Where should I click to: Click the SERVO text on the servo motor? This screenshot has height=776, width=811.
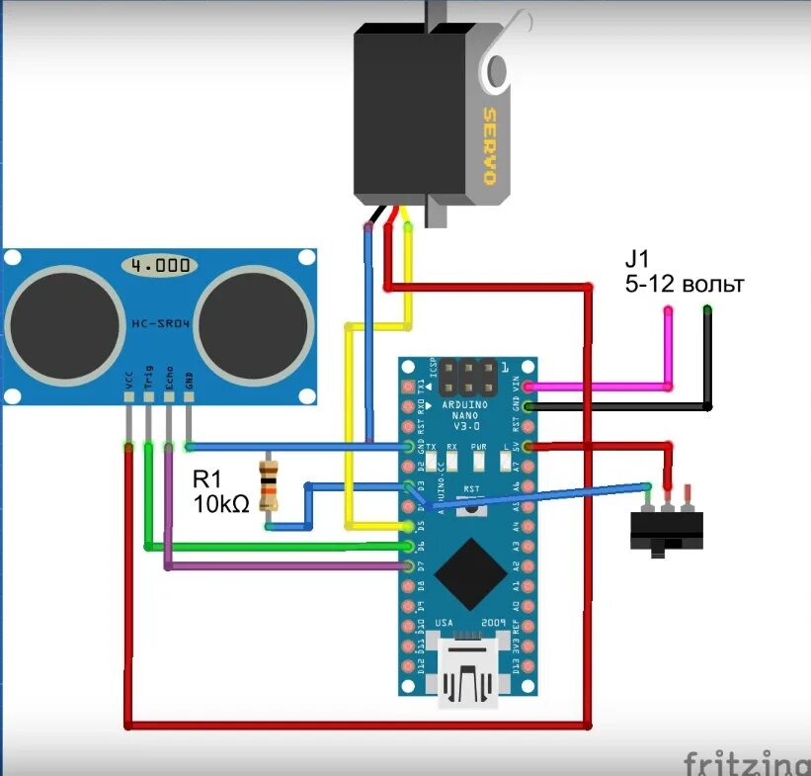pyautogui.click(x=487, y=146)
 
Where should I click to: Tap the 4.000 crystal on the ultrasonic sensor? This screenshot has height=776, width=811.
pyautogui.click(x=159, y=266)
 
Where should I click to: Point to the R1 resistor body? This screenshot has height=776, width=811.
pyautogui.click(x=267, y=484)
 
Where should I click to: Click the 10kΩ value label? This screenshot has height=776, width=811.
pyautogui.click(x=219, y=504)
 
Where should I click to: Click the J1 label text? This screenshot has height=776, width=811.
pyautogui.click(x=635, y=260)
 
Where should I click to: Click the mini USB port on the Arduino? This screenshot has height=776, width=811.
pyautogui.click(x=471, y=674)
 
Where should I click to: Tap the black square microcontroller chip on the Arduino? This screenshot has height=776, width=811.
pyautogui.click(x=471, y=572)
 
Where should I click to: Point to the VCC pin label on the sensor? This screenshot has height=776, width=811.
pyautogui.click(x=128, y=381)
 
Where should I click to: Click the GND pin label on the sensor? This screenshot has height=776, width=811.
pyautogui.click(x=189, y=381)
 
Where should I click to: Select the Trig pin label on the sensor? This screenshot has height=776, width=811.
pyautogui.click(x=148, y=379)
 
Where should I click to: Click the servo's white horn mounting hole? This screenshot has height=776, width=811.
pyautogui.click(x=496, y=70)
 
